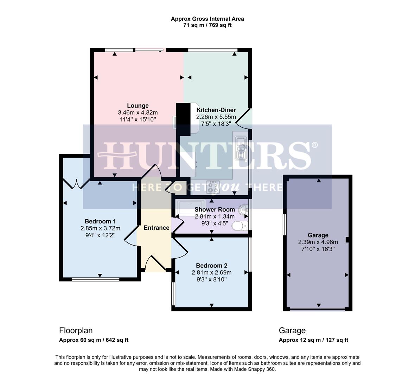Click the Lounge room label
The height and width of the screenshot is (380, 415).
tap(138, 106)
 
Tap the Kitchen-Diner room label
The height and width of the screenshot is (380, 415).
tap(216, 110)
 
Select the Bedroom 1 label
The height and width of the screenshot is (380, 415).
tap(100, 221)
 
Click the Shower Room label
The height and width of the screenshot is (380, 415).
tap(215, 209)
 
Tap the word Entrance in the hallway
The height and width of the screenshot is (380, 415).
tap(157, 228)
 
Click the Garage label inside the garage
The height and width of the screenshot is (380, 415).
tap(318, 235)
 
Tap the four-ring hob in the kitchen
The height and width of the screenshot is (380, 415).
tap(213, 187)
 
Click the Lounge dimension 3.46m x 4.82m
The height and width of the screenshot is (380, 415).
tap(138, 113)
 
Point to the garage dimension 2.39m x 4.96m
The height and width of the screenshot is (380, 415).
tap(318, 242)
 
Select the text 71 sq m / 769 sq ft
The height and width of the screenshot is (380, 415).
tap(207, 25)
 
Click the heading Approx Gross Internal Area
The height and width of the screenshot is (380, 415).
tap(207, 19)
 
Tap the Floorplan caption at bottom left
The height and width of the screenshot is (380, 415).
tap(76, 330)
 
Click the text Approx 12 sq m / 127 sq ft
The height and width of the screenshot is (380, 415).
tap(313, 340)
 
